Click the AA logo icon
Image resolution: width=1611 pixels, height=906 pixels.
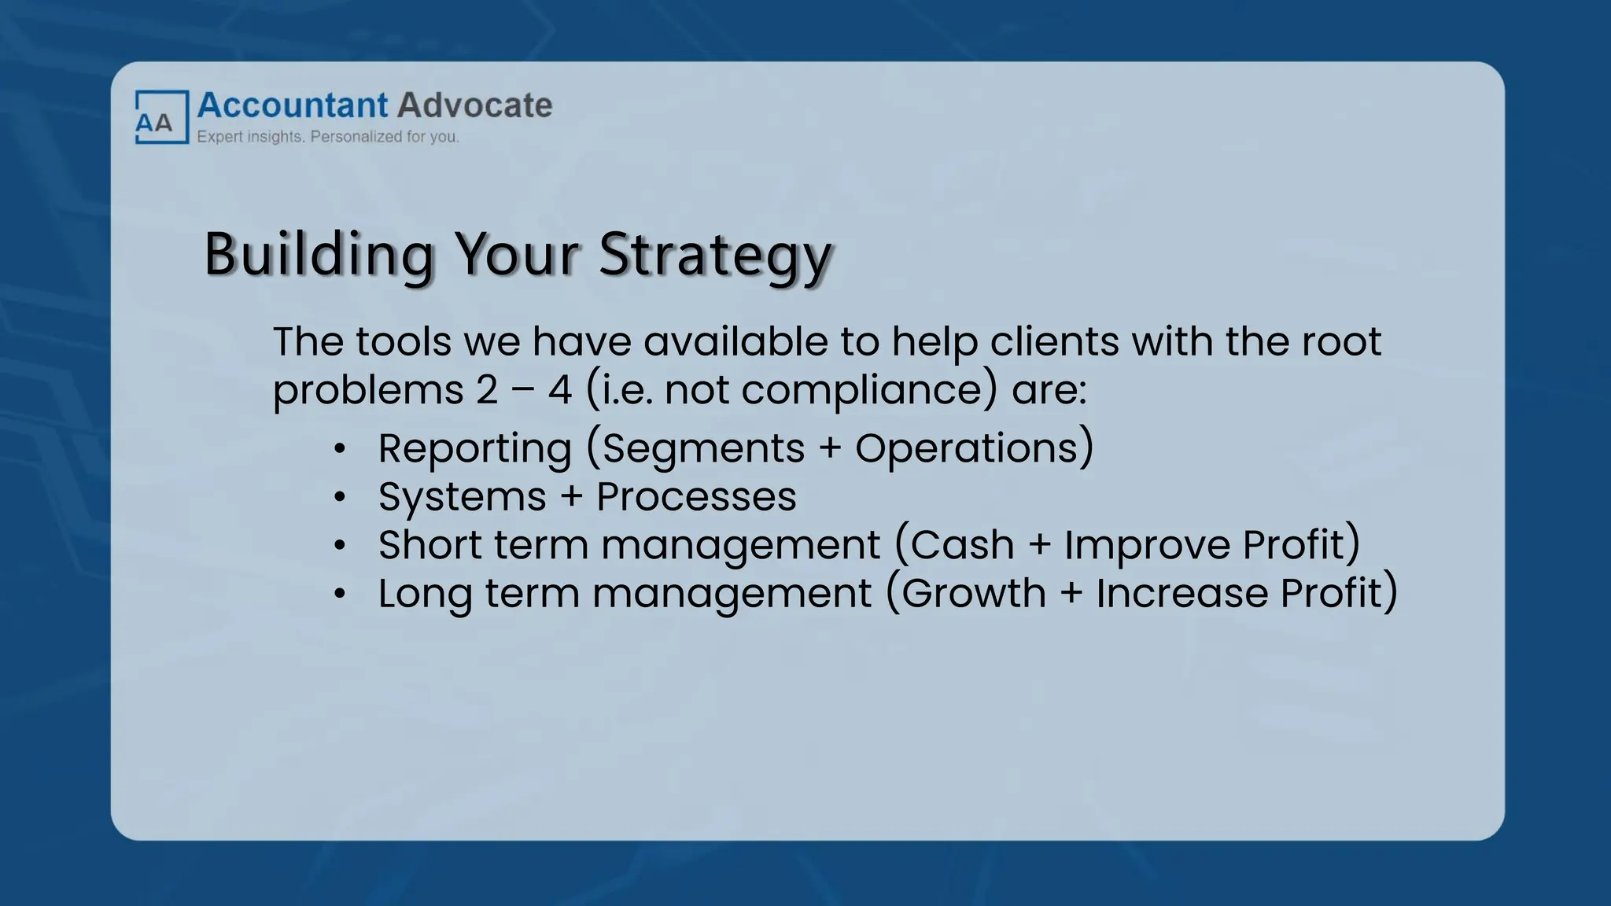[x=161, y=118]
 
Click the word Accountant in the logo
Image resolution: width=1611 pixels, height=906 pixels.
[x=292, y=105]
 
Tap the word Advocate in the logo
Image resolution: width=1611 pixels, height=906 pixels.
[x=474, y=105]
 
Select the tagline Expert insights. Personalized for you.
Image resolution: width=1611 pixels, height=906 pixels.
[x=327, y=137]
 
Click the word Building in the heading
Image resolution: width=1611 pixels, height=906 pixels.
[x=319, y=255]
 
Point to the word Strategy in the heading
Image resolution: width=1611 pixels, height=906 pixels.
[x=714, y=255]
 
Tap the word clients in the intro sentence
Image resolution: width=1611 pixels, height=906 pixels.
[x=1054, y=342]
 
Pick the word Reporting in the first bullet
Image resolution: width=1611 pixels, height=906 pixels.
[x=474, y=449]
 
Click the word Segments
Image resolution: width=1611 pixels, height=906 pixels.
[x=704, y=449]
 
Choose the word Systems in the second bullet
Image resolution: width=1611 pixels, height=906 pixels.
[x=462, y=497]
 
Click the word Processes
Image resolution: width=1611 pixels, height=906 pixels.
[x=696, y=497]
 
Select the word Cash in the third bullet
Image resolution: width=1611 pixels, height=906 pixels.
[x=963, y=545]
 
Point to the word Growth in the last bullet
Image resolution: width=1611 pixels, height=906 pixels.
[x=973, y=593]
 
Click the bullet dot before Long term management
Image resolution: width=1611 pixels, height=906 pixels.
[x=339, y=594]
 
